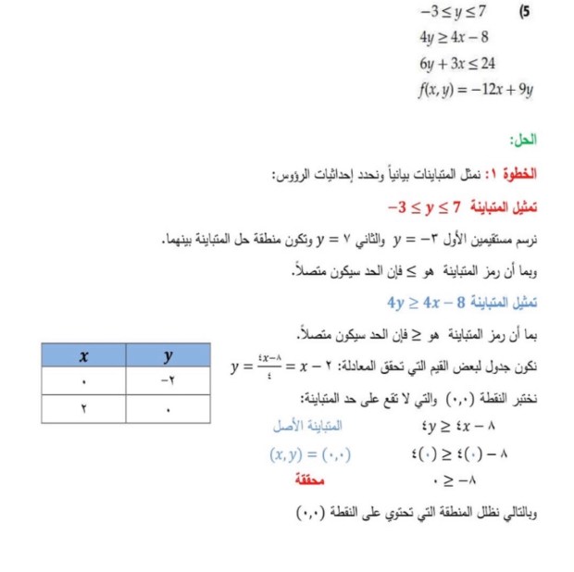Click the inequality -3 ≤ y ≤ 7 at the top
tap(453, 13)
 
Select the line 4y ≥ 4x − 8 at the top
tap(454, 38)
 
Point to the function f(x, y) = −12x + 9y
tap(475, 90)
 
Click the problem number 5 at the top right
tap(526, 13)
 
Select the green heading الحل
tap(523, 140)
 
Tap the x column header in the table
tap(83, 354)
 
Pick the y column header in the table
tap(168, 354)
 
